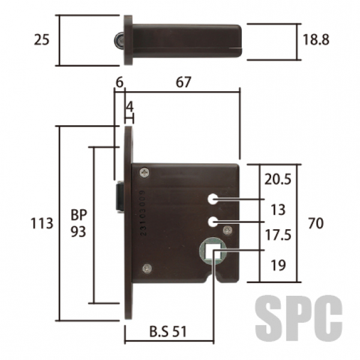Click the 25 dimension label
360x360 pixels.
pyautogui.click(x=41, y=40)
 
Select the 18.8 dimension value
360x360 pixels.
pyautogui.click(x=316, y=40)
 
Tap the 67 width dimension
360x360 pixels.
pyautogui.click(x=183, y=82)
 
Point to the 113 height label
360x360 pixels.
pyautogui.click(x=42, y=223)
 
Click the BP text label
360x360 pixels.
pyautogui.click(x=79, y=215)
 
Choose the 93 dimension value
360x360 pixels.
pyautogui.click(x=78, y=232)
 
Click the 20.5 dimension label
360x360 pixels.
pyautogui.click(x=278, y=179)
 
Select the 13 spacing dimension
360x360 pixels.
pyautogui.click(x=278, y=209)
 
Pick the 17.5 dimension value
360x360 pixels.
pyautogui.click(x=278, y=235)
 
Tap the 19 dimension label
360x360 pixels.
pyautogui.click(x=278, y=265)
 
